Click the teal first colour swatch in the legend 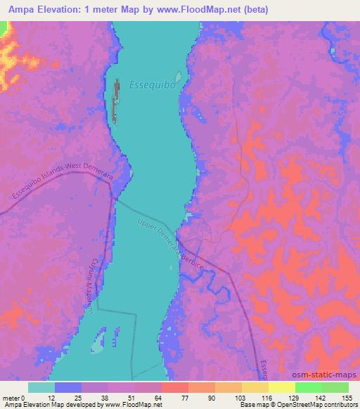41,387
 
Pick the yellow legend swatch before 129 255,387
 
